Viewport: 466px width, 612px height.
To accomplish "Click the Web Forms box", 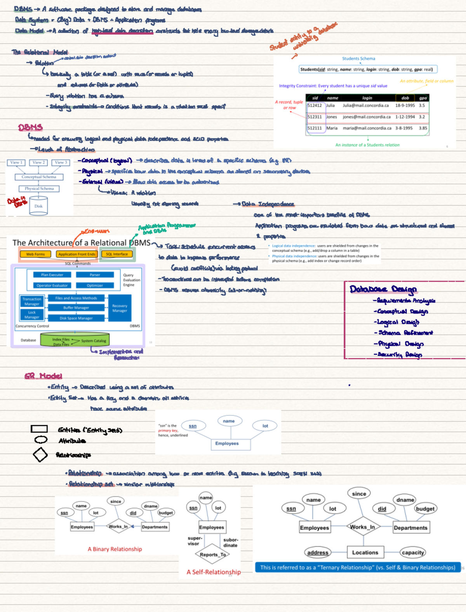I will (x=35, y=254).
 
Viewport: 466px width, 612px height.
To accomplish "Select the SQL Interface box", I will (x=117, y=254).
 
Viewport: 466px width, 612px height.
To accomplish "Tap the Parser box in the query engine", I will (x=95, y=275).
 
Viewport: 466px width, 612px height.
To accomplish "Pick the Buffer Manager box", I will (x=76, y=308).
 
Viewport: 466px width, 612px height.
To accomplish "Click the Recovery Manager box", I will (x=120, y=308).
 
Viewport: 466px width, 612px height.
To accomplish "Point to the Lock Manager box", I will (x=32, y=315).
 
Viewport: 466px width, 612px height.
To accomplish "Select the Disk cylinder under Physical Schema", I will (x=38, y=205).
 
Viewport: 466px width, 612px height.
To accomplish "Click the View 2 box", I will (x=38, y=163).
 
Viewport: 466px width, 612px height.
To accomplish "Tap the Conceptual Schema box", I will (x=39, y=177).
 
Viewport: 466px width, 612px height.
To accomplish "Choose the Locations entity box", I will (x=365, y=552).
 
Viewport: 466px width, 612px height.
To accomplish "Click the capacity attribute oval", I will (x=413, y=552).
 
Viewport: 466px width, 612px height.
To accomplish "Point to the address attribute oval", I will (x=318, y=552).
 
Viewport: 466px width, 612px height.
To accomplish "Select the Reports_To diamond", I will (x=212, y=555).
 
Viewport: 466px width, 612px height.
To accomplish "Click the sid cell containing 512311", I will (x=315, y=117).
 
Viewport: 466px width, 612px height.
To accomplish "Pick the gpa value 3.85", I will (x=423, y=128).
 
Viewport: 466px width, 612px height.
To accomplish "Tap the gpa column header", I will (x=423, y=98).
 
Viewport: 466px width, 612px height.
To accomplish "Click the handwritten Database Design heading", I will (x=383, y=289).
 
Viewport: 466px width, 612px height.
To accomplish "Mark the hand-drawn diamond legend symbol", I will (x=40, y=455).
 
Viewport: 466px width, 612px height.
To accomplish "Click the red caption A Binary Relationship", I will (x=115, y=549).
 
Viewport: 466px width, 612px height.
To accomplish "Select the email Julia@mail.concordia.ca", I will (x=365, y=106).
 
